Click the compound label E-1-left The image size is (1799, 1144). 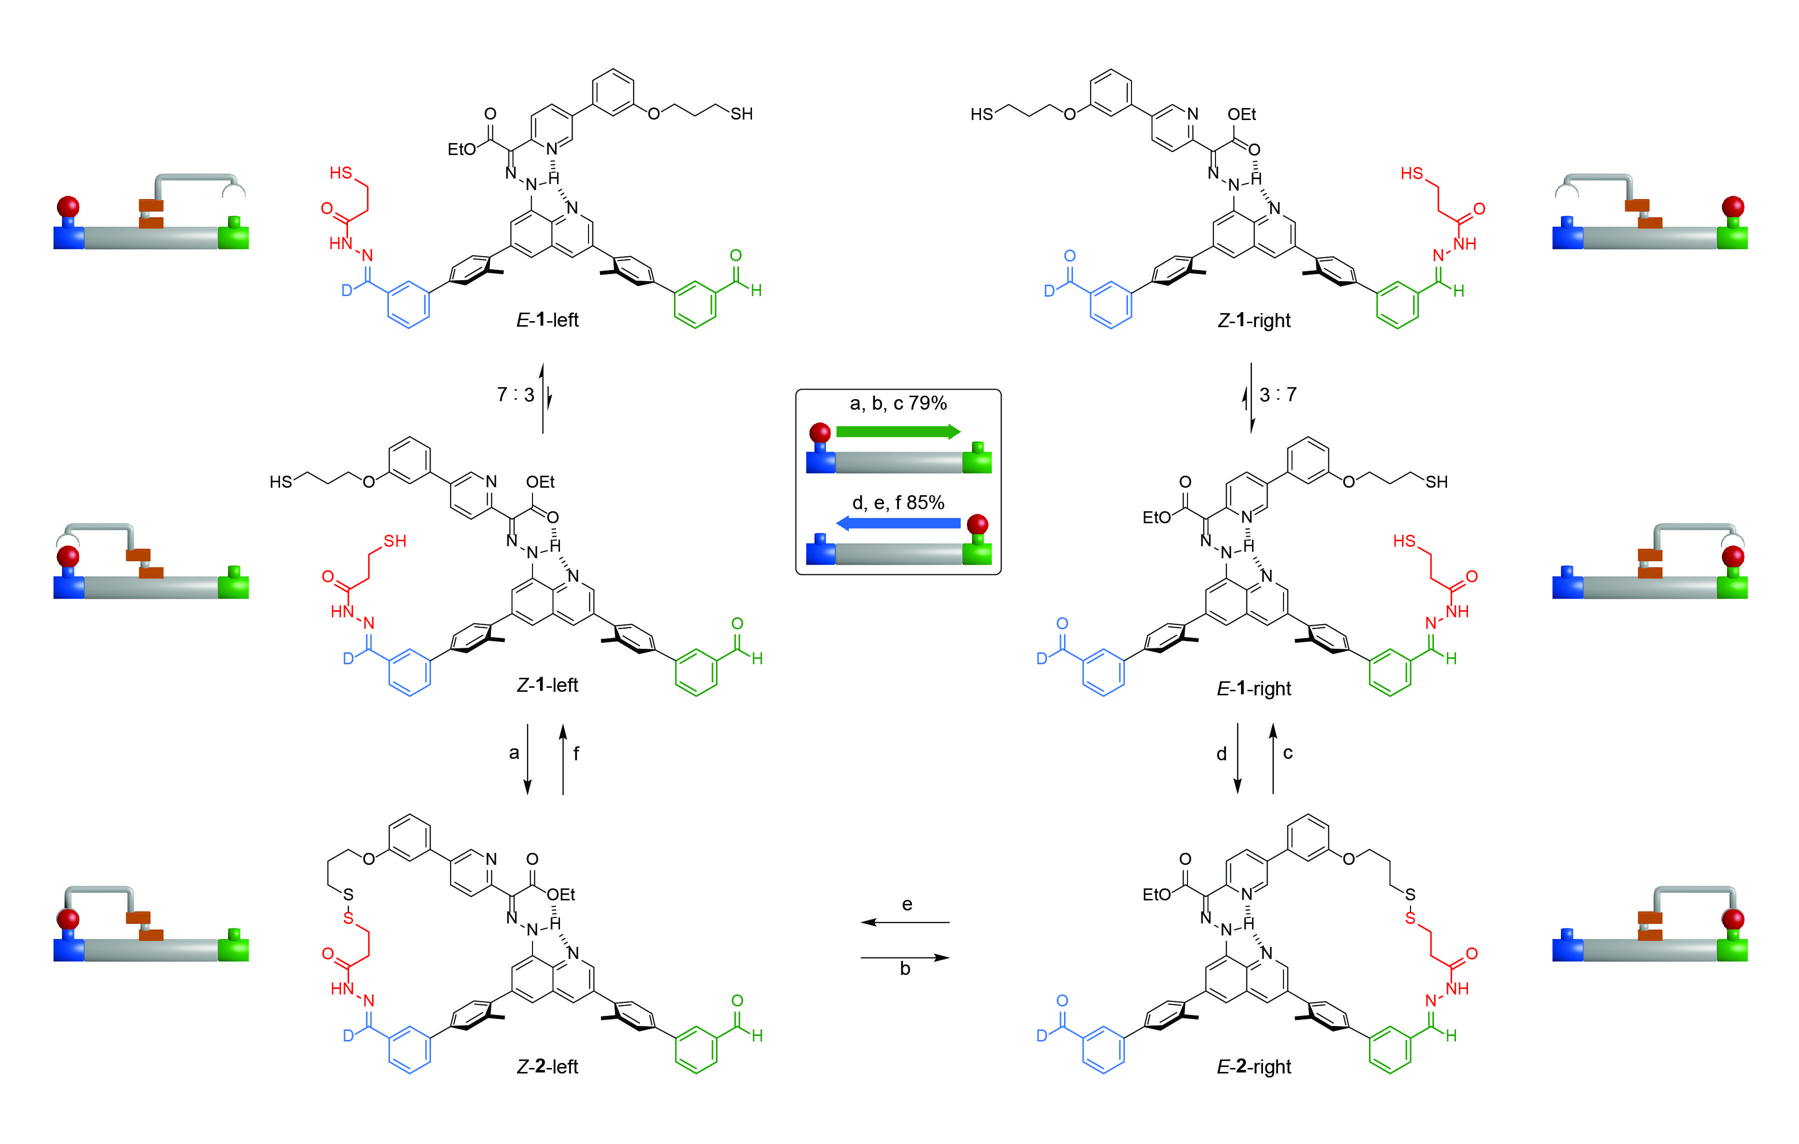[547, 320]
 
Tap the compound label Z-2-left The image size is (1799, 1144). [547, 1066]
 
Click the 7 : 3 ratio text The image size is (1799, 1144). [515, 395]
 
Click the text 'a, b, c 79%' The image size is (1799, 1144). [898, 404]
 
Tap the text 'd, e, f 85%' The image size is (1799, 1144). [898, 503]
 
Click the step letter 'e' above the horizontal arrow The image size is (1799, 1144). [907, 904]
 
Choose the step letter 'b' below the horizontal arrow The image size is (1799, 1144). [904, 969]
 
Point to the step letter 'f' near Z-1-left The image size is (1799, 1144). [576, 753]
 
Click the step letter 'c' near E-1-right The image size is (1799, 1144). [1288, 753]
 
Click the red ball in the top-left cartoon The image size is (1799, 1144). [68, 206]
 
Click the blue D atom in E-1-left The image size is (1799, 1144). [346, 290]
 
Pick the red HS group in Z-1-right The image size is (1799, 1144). [1411, 174]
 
